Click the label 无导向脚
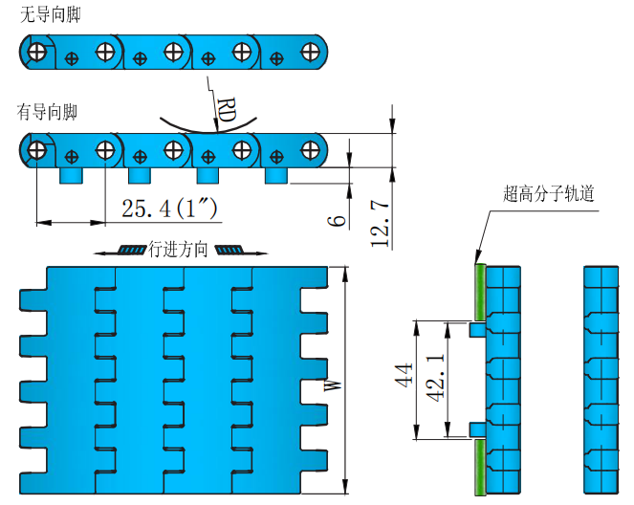(x=48, y=15)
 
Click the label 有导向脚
(x=48, y=113)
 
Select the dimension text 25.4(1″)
(x=164, y=208)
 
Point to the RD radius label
(x=227, y=112)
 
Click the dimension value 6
(x=336, y=221)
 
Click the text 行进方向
(x=179, y=251)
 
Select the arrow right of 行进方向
(x=234, y=251)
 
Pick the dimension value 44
(x=402, y=379)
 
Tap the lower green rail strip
(x=480, y=469)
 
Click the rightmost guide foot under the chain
(x=276, y=177)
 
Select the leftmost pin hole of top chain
(x=36, y=51)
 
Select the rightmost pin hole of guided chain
(x=309, y=149)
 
